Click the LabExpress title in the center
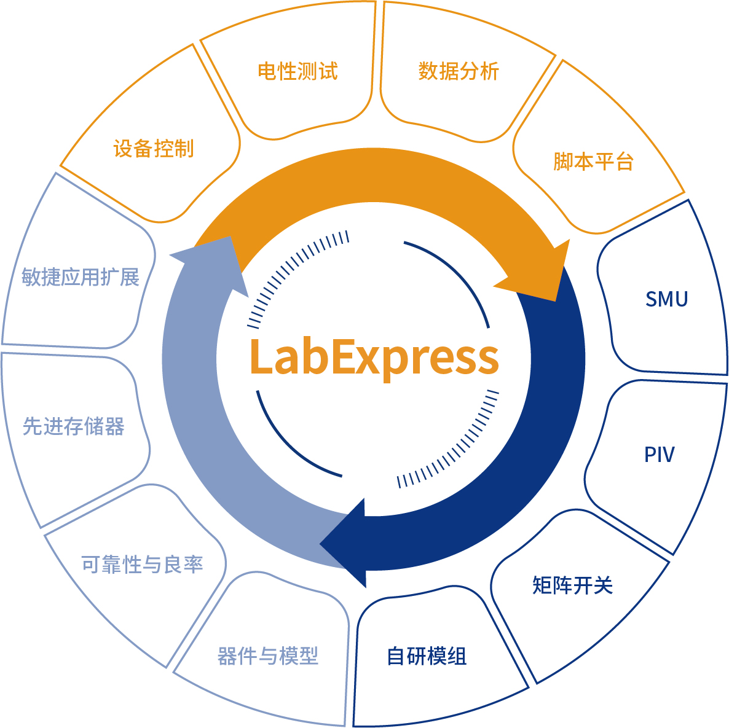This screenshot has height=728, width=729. point(374,357)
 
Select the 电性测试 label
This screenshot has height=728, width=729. point(298,71)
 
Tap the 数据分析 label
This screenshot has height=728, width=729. point(459,71)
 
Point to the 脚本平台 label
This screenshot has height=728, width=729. point(593,162)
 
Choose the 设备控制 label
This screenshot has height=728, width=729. point(154,149)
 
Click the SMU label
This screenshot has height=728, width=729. point(666,299)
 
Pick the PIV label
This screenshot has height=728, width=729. point(659,455)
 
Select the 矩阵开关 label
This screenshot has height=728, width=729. point(572,585)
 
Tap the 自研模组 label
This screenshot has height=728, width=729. point(427,656)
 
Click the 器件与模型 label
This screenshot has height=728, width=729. point(268,656)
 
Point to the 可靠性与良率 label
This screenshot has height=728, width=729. point(142,565)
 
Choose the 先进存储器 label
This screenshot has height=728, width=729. point(74,426)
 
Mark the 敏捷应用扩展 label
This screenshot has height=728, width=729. point(81,277)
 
